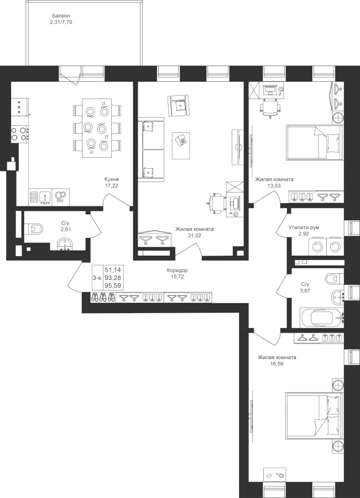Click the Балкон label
point(61,15)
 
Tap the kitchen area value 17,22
point(112,185)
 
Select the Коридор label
point(177,270)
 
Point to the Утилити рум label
point(304,227)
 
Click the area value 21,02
point(195,235)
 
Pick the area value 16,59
point(277,364)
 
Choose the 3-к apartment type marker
point(97,278)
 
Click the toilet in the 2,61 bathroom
point(35,229)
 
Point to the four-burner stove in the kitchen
point(19,134)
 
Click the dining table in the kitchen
point(97,128)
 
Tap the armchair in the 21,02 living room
point(179,105)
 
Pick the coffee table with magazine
point(181,146)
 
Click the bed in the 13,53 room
point(314,142)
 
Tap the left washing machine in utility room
point(317,247)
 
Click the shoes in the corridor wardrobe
point(102,297)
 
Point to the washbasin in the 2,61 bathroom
point(65,245)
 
